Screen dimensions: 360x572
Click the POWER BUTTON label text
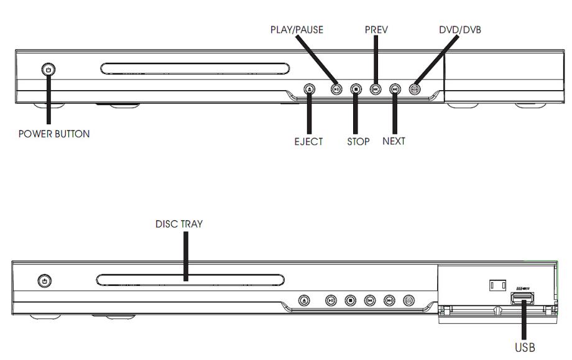click(53, 134)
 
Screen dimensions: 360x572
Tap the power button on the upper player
click(48, 70)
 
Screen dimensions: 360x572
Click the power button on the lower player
click(44, 282)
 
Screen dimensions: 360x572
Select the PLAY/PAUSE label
click(297, 29)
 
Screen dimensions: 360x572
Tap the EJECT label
click(308, 141)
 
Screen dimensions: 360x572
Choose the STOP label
click(358, 141)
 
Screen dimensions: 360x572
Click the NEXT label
click(394, 141)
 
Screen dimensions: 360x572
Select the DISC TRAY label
click(179, 224)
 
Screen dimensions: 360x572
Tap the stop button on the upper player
click(355, 89)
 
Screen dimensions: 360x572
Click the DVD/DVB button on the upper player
click(415, 89)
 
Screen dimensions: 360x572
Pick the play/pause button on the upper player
click(336, 89)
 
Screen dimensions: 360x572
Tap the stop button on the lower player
click(351, 300)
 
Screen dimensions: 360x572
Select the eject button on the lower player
click(304, 300)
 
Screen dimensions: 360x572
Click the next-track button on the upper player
click(395, 89)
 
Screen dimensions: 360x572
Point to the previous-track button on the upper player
click(375, 89)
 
